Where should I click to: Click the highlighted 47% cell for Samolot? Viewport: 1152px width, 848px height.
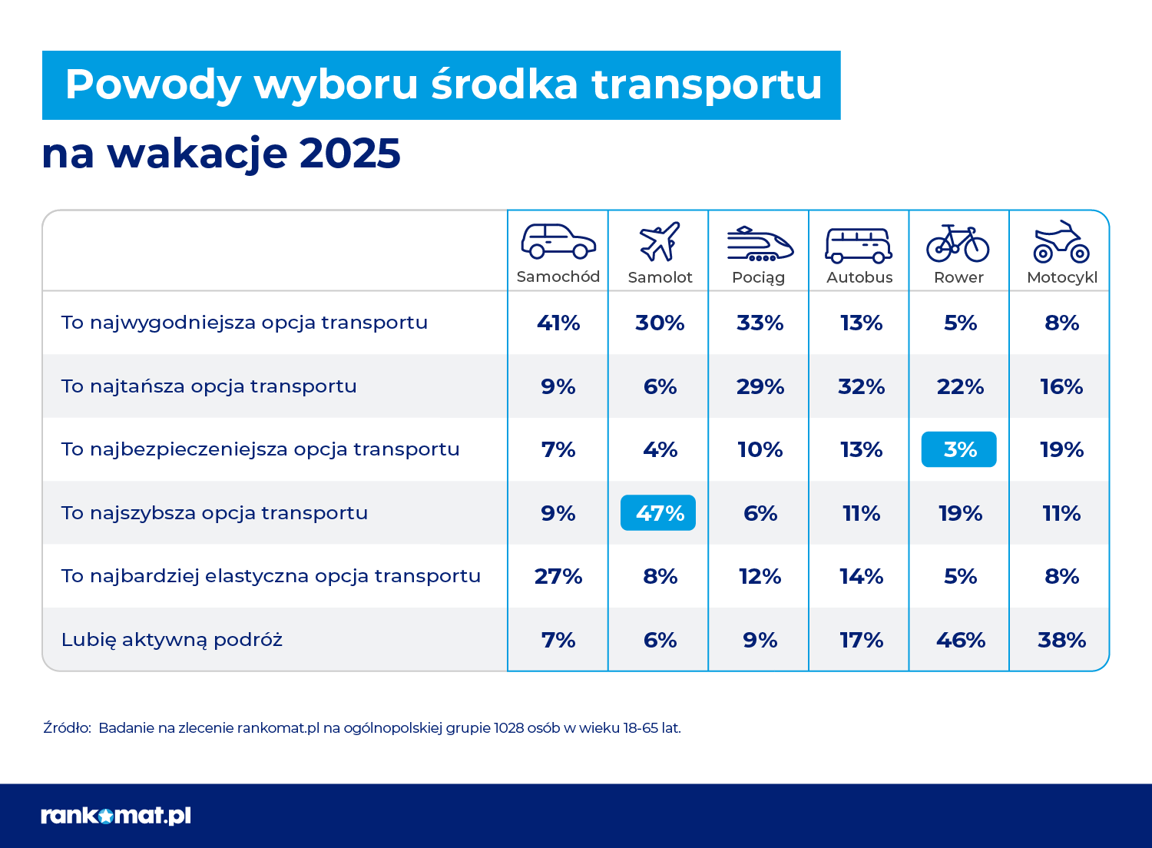[x=658, y=513]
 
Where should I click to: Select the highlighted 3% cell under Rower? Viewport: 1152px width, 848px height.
[x=958, y=449]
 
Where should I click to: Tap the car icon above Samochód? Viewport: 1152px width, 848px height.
[x=558, y=241]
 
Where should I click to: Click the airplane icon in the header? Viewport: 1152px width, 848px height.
[x=660, y=241]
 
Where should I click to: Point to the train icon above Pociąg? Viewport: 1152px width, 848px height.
[x=760, y=243]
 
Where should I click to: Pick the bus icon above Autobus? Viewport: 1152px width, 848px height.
[x=859, y=245]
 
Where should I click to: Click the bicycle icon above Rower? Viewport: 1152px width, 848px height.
[x=958, y=243]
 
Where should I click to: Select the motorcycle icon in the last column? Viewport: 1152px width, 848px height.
[x=1061, y=242]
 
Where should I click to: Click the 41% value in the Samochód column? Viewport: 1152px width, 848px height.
[x=558, y=323]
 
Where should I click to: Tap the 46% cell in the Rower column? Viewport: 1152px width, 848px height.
[x=960, y=640]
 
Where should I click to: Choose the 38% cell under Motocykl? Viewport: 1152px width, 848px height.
[x=1061, y=640]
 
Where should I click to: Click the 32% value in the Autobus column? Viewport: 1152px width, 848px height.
[x=861, y=386]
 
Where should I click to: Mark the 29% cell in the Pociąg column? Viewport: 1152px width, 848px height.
[x=760, y=386]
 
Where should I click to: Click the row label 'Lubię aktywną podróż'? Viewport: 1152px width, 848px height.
[x=172, y=640]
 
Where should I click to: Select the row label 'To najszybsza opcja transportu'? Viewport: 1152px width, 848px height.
[x=214, y=513]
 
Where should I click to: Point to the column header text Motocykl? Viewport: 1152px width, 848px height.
[x=1061, y=277]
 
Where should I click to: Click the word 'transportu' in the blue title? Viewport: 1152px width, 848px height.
[x=707, y=85]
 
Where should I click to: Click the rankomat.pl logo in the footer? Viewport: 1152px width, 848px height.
[x=116, y=816]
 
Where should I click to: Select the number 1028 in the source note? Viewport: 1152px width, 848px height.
[x=509, y=728]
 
